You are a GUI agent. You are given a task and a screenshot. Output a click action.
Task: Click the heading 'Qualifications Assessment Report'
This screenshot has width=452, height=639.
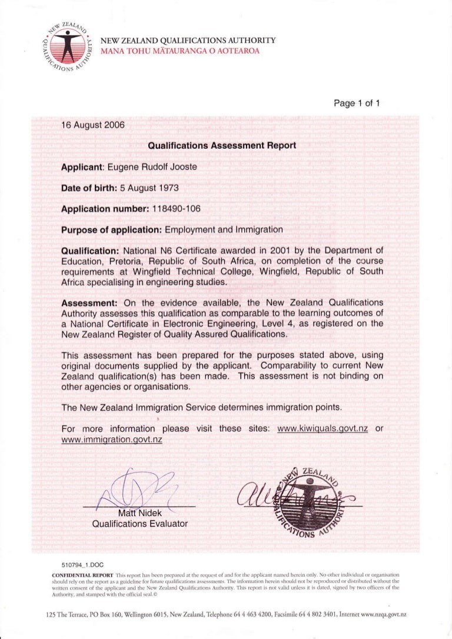pyautogui.click(x=221, y=145)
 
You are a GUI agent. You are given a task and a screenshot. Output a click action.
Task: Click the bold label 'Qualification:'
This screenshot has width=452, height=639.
pyautogui.click(x=90, y=251)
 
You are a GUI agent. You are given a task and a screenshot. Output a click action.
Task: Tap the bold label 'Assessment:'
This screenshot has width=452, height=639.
pyautogui.click(x=90, y=302)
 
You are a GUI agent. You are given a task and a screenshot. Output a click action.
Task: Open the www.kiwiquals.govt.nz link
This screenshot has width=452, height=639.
pyautogui.click(x=322, y=428)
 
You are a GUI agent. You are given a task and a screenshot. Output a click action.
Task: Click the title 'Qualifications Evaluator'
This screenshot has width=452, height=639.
pyautogui.click(x=139, y=523)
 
